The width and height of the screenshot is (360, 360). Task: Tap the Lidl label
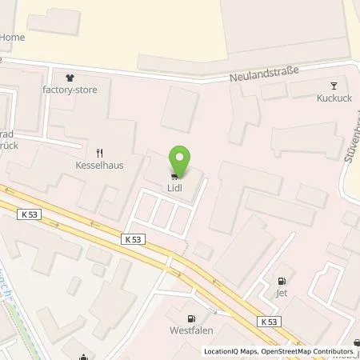click(174, 189)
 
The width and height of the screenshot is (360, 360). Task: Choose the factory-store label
click(70, 90)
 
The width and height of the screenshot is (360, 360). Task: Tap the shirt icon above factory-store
click(70, 78)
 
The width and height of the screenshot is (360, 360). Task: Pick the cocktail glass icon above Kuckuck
click(334, 86)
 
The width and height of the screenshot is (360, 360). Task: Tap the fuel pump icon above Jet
click(281, 281)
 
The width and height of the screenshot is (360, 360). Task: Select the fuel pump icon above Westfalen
click(190, 318)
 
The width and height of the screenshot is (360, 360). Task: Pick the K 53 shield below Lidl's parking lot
click(134, 238)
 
